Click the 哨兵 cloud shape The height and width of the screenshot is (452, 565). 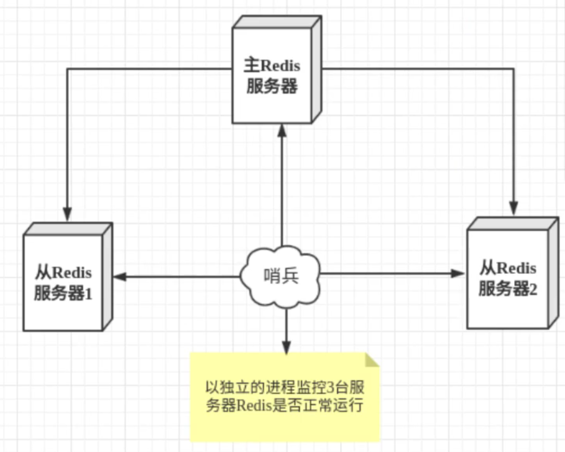pos(281,277)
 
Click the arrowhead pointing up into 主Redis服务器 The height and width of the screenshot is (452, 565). pos(282,130)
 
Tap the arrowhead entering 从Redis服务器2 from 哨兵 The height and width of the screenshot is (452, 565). pos(458,273)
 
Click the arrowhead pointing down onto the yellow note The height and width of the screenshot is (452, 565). pos(286,348)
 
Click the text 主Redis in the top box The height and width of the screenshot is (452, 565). pos(272,66)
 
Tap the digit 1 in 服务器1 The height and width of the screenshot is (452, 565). pos(88,294)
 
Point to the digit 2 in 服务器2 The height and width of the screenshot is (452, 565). pos(532,290)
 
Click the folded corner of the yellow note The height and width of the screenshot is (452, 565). pos(373,359)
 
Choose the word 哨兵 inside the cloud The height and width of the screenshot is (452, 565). pos(281,277)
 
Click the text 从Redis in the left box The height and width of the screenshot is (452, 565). pos(63,272)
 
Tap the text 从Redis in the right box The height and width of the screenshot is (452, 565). pos(508,269)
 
